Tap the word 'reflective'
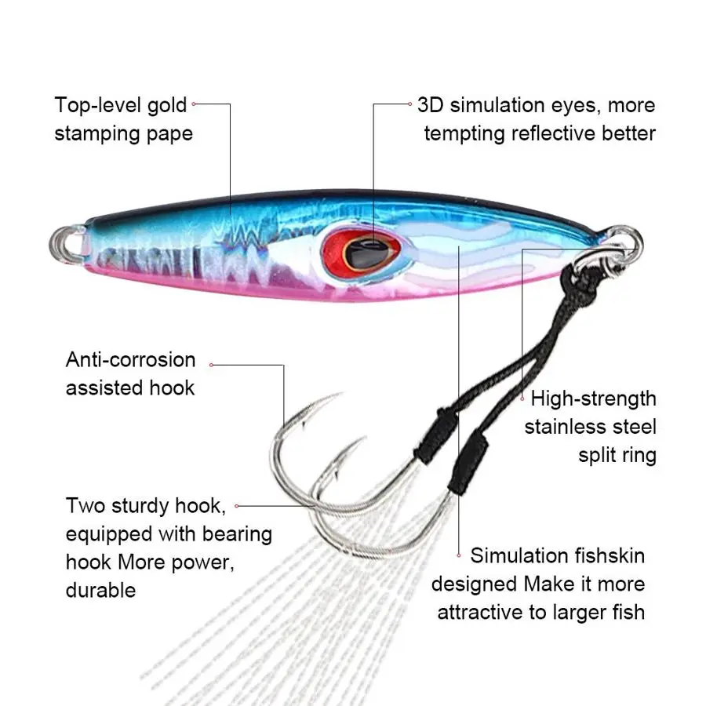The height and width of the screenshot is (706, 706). click(552, 133)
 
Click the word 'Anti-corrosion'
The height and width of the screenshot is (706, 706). click(130, 360)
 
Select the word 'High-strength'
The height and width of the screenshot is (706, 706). click(594, 398)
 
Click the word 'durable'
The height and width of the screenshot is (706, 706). click(100, 591)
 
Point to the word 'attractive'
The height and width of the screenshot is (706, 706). click(484, 613)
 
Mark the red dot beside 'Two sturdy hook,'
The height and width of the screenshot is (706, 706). click(237, 507)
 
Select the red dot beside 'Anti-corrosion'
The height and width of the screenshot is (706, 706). click(212, 364)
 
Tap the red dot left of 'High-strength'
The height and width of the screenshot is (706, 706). click(523, 398)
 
